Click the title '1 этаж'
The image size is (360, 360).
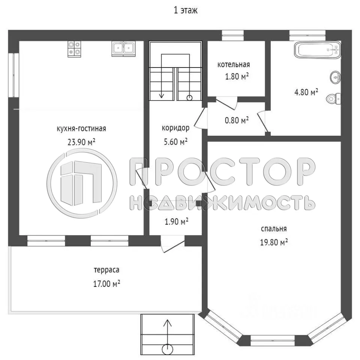(x=186, y=10)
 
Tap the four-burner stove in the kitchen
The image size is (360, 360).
(x=74, y=49)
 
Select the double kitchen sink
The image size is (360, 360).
(x=123, y=49)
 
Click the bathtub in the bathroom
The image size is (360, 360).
(x=317, y=50)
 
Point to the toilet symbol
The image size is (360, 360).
(x=333, y=99)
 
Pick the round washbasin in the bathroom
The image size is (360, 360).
(x=335, y=78)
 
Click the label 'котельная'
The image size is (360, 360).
(x=234, y=64)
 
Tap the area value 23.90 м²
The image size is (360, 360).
(x=81, y=142)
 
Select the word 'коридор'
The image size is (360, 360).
(x=175, y=128)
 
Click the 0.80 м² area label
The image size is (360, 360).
(x=237, y=120)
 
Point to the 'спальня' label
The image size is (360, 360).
(x=274, y=229)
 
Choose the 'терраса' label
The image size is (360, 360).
(x=106, y=270)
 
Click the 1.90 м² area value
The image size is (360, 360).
(x=177, y=222)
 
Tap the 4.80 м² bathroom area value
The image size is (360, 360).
(x=306, y=92)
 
